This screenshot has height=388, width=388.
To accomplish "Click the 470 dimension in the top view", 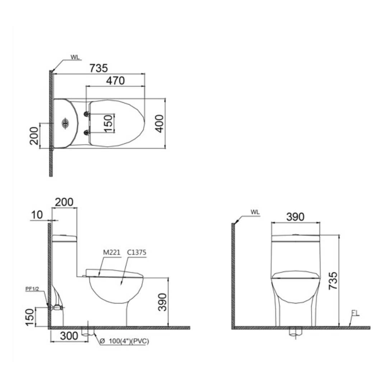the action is coord(115,81).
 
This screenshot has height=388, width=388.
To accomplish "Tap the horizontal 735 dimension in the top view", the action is coord(98,68).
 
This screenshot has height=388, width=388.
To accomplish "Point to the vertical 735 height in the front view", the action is coord(333,281).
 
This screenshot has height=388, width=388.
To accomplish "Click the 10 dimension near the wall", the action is coord(37,215).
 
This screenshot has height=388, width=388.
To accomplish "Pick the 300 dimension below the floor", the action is coord(69,336).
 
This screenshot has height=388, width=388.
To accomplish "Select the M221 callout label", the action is coord(112,253).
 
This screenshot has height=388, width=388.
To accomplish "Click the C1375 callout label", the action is coord(137,253).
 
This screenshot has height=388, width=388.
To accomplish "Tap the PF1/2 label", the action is coord(32,289).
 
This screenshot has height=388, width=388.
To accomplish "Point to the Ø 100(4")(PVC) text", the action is coord(124,341).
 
